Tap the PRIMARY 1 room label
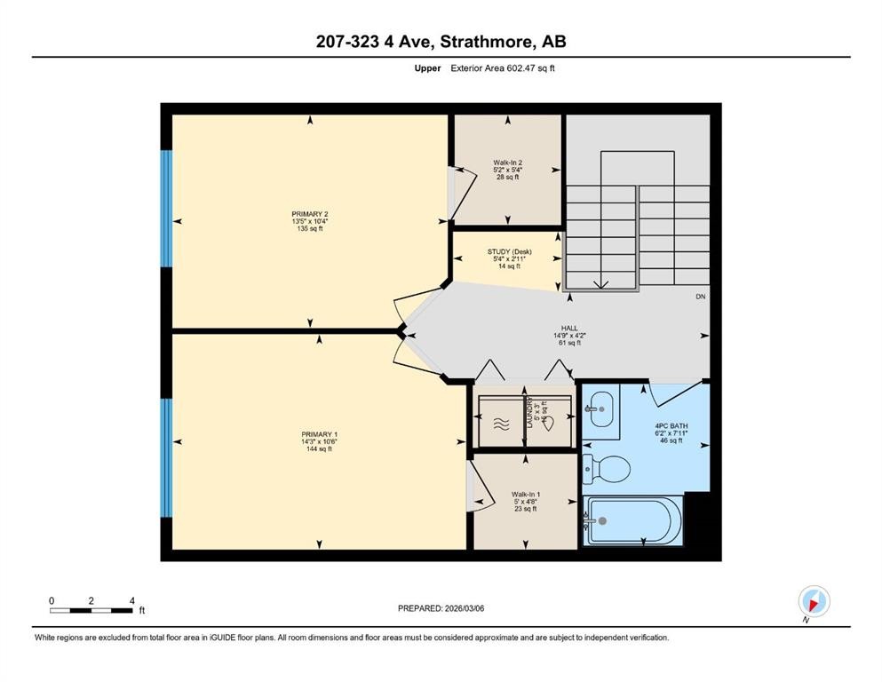pos(318,441)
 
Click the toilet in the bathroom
pos(606,466)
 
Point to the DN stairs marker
pos(700,297)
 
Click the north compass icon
pos(814,602)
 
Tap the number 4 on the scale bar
pos(131,600)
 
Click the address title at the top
pos(441,42)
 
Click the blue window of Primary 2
pos(165,209)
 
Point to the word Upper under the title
pos(428,68)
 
